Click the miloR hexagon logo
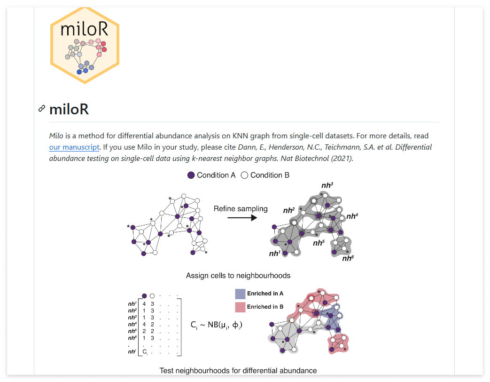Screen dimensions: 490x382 pyautogui.click(x=85, y=45)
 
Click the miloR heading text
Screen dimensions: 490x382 pyautogui.click(x=69, y=110)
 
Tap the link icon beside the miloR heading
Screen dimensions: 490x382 pyautogui.click(x=42, y=109)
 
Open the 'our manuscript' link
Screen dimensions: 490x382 pyautogui.click(x=74, y=147)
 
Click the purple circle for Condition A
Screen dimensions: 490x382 pyautogui.click(x=191, y=175)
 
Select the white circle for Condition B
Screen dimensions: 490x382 pyautogui.click(x=244, y=175)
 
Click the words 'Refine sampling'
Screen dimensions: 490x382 pyautogui.click(x=241, y=209)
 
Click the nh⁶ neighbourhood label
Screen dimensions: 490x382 pyautogui.click(x=348, y=258)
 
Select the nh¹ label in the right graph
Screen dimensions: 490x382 pyautogui.click(x=274, y=254)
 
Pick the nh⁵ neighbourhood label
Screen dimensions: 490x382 pyautogui.click(x=319, y=243)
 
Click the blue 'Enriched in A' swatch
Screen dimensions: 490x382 pyautogui.click(x=240, y=294)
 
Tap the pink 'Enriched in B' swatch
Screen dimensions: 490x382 pyautogui.click(x=240, y=307)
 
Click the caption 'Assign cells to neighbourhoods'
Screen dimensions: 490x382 pyautogui.click(x=238, y=276)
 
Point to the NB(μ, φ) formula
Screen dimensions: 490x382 pyautogui.click(x=217, y=325)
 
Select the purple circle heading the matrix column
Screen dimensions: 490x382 pyautogui.click(x=145, y=296)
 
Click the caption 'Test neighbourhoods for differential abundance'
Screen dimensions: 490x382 pyautogui.click(x=238, y=371)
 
